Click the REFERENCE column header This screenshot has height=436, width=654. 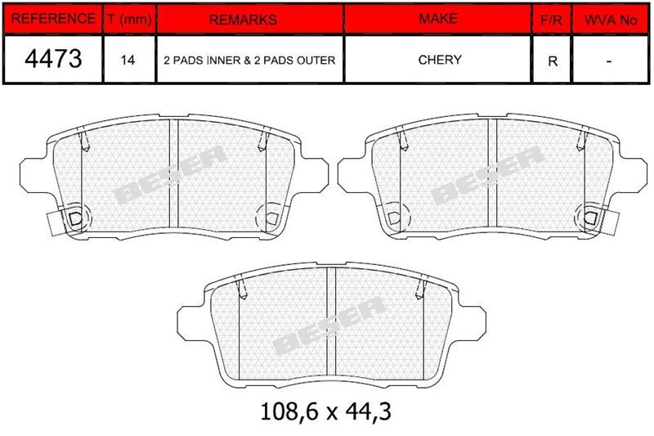(53, 19)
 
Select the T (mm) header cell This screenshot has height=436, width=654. (129, 19)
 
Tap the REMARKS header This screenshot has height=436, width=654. (243, 20)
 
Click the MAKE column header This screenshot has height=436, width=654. (438, 19)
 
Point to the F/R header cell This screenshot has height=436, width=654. (551, 20)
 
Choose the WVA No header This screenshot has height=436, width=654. (611, 20)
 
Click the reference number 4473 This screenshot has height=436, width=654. (53, 58)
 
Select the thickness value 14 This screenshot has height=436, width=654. (128, 60)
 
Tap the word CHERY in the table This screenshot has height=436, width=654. (440, 60)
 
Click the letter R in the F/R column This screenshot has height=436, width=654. (553, 61)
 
